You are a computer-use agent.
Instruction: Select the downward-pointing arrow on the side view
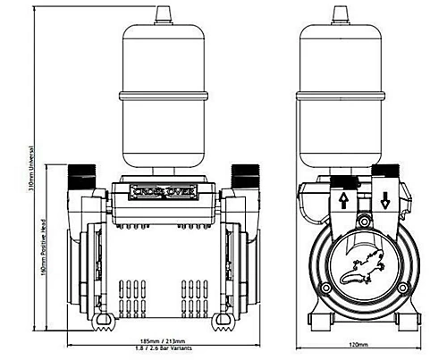coord(384,201)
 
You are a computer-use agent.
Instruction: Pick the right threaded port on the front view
coord(242,173)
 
